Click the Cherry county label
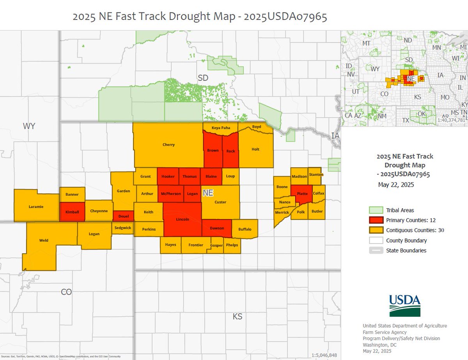pos(168,145)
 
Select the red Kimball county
pos(72,212)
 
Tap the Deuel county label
pos(123,216)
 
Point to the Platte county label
pos(302,193)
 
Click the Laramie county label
pos(36,206)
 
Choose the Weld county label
pos(44,240)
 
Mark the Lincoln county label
pos(183,219)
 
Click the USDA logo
pos(404,305)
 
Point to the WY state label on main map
pos(29,126)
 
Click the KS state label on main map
pos(238,316)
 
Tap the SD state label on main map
pos(203,78)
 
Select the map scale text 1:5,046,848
pos(324,355)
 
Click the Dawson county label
pos(216,228)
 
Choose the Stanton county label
pos(316,175)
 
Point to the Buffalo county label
pos(245,229)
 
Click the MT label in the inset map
pos(366,43)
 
